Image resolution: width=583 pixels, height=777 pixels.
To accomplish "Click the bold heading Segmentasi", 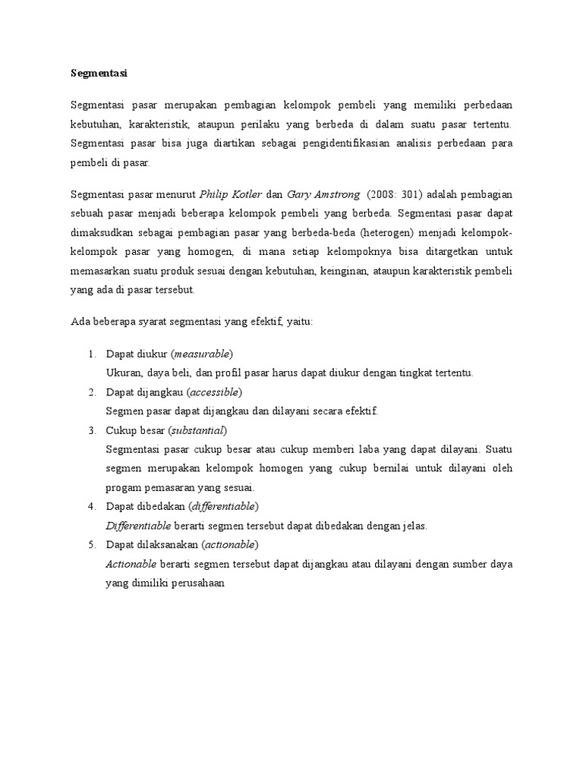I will (x=99, y=74).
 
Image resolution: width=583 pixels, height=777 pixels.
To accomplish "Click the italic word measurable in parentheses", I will (x=202, y=354).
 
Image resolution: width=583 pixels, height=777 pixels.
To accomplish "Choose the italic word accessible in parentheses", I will (x=213, y=392).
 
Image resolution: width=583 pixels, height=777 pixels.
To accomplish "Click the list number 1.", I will (x=90, y=354).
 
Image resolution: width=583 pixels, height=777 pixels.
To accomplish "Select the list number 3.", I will (x=90, y=430).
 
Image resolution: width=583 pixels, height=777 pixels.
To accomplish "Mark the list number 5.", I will (x=90, y=545).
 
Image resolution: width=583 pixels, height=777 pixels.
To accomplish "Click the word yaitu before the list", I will (x=308, y=322).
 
